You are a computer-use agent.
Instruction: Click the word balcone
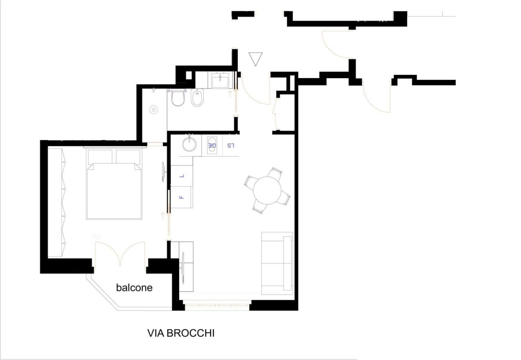coord(134,288)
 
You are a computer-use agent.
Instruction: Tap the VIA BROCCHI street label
coord(181,333)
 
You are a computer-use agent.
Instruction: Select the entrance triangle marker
coord(256,58)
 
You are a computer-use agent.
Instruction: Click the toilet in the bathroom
coord(178,98)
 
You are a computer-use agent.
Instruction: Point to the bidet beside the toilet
coord(198,98)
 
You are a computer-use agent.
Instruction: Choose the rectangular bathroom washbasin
coord(221,80)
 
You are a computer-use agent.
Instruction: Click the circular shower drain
coord(154,110)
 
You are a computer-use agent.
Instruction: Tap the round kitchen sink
coord(189,144)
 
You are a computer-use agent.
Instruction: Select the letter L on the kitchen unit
coord(182,176)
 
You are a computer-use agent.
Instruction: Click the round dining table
coord(267,190)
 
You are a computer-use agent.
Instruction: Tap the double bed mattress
coord(114,191)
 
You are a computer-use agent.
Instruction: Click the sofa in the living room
coord(277,263)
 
